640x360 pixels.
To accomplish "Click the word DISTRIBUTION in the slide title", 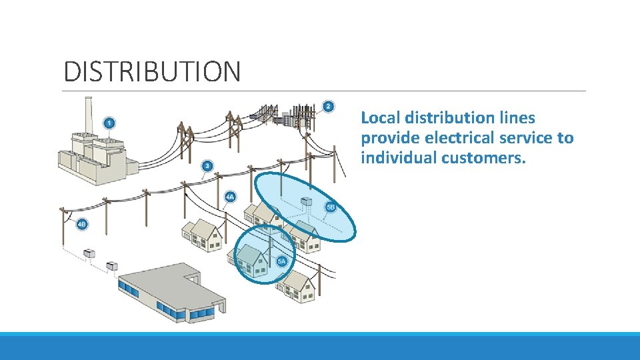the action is click(152, 71).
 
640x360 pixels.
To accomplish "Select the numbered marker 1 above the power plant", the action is click(109, 123).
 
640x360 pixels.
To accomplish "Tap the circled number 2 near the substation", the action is click(328, 107).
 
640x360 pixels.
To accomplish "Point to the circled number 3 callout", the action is click(208, 165).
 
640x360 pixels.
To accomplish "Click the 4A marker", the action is click(230, 197).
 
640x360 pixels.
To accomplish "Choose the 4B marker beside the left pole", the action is click(81, 225).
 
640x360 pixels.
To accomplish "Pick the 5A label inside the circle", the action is click(281, 261).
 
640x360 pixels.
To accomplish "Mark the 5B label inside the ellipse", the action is click(330, 207).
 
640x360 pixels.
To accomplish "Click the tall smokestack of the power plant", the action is click(87, 117).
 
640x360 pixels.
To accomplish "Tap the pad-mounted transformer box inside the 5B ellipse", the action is click(307, 201).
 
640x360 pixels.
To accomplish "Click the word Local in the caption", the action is click(381, 118).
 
